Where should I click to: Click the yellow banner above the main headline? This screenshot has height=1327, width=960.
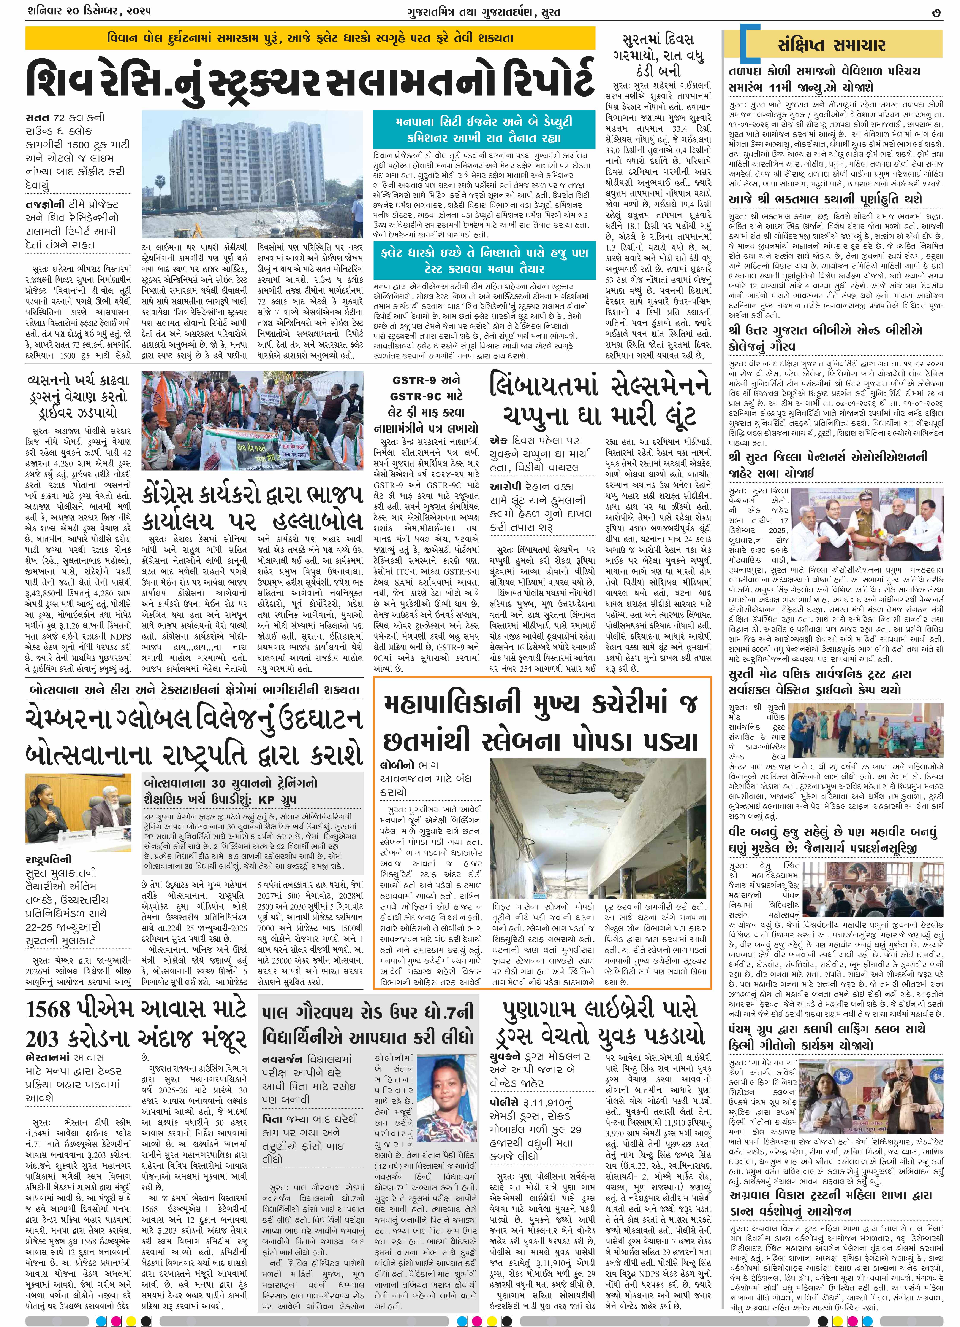(310, 39)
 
